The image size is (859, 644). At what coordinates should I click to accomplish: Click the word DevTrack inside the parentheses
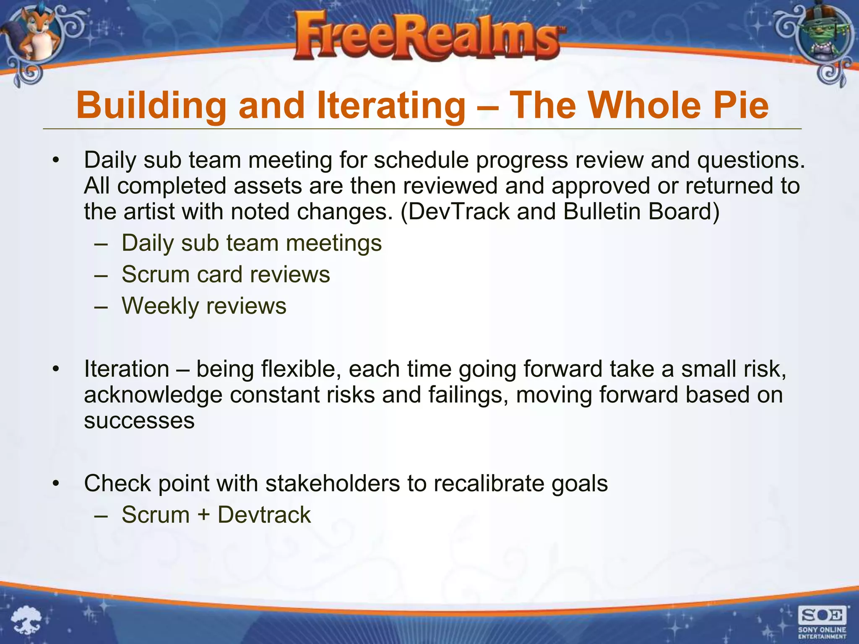(458, 211)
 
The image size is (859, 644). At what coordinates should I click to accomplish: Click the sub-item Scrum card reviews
(226, 275)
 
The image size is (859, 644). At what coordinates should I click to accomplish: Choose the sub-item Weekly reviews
(204, 306)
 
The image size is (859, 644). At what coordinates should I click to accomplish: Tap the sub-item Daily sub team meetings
(252, 243)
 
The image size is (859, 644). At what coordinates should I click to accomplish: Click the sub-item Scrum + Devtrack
(216, 515)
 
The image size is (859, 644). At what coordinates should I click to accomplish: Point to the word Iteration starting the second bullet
(127, 369)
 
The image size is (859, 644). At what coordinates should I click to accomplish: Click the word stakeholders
(333, 483)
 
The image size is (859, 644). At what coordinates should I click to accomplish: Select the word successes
(139, 421)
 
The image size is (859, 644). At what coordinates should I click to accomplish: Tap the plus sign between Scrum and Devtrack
(203, 515)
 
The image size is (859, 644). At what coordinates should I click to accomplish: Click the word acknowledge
(153, 395)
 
